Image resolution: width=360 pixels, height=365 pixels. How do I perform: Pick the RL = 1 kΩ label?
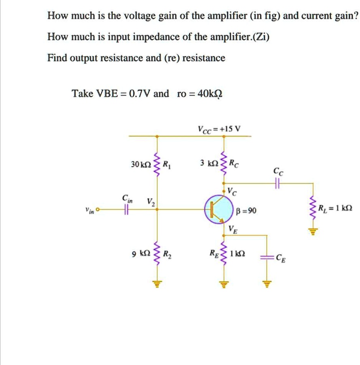click(335, 209)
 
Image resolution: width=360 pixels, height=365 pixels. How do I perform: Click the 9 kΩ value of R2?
click(142, 254)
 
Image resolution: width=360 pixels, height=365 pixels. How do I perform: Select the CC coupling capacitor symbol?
click(277, 184)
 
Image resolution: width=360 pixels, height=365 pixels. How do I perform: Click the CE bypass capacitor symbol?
click(266, 257)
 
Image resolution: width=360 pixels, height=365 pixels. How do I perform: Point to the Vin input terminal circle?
click(98, 210)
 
